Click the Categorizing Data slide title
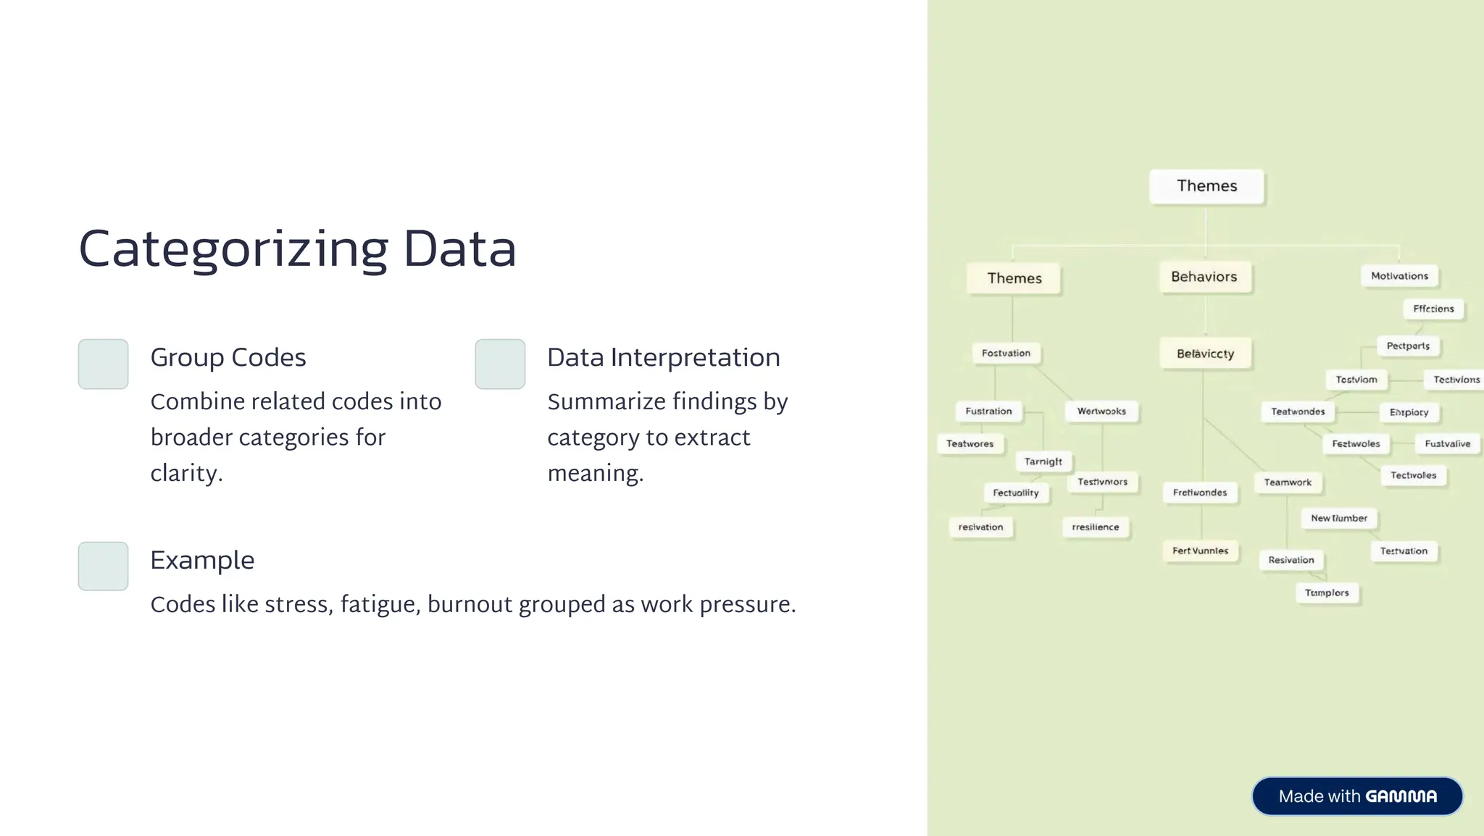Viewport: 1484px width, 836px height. [x=297, y=249]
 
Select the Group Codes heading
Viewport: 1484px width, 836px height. [x=228, y=357]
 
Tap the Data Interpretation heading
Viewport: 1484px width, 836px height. [x=663, y=357]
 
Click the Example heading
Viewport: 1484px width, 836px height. [x=202, y=560]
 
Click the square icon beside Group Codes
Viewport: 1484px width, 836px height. [x=103, y=364]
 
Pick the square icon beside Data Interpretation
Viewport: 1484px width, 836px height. [x=500, y=364]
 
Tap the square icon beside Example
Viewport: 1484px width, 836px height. [x=103, y=566]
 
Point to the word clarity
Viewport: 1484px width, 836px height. [x=185, y=473]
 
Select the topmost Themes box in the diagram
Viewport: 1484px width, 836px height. [x=1206, y=186]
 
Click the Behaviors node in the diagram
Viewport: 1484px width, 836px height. [x=1204, y=277]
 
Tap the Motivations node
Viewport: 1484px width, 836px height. [x=1399, y=276]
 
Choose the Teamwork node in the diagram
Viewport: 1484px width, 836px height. [x=1288, y=482]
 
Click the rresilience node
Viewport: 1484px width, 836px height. [x=1095, y=527]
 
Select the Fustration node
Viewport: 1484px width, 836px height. [x=988, y=411]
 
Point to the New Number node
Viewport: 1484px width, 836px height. [x=1339, y=519]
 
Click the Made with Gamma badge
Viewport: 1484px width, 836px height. [x=1357, y=796]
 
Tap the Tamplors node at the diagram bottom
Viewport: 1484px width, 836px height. [x=1327, y=593]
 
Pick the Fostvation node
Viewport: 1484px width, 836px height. [x=1006, y=354]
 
